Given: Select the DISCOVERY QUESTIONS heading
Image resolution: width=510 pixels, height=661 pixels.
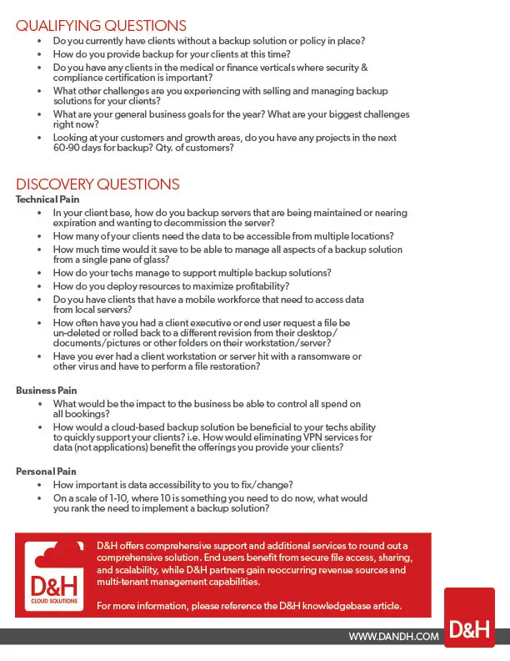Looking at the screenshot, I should pos(97,184).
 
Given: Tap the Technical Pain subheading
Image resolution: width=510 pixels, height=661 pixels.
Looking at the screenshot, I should pos(48,199).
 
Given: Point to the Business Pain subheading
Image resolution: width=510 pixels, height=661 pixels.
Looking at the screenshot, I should pos(47,390).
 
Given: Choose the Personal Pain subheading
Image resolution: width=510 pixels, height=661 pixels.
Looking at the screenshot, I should pos(46,472).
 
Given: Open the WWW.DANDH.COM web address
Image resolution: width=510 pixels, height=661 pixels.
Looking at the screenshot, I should pos(393,637).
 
